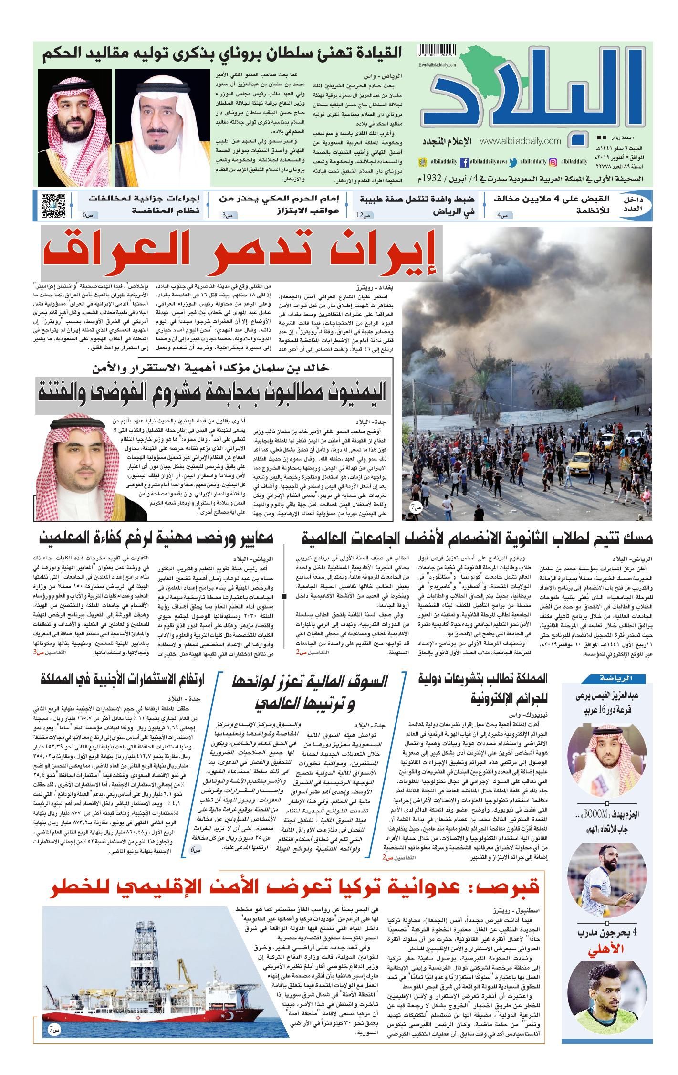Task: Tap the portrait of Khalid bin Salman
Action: tap(73, 461)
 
